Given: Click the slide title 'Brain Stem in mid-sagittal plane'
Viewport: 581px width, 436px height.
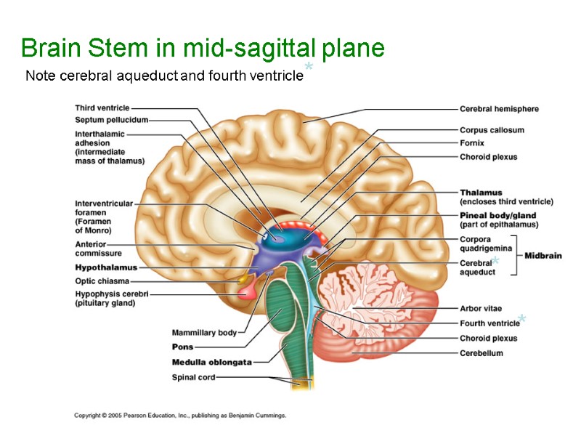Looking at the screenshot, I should pyautogui.click(x=203, y=49).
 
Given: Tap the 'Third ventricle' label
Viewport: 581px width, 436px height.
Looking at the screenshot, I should pyautogui.click(x=102, y=108).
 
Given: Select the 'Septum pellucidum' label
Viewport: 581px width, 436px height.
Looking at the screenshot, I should pyautogui.click(x=111, y=120).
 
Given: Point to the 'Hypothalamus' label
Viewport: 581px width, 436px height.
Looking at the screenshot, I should pyautogui.click(x=106, y=267).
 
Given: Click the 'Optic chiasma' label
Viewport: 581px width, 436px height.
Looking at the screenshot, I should pyautogui.click(x=102, y=280).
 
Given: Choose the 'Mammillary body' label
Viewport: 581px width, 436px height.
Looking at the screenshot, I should pyautogui.click(x=204, y=333).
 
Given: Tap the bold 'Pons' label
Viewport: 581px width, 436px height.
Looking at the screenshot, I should pyautogui.click(x=182, y=347).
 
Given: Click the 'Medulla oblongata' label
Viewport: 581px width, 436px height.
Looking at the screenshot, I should pyautogui.click(x=211, y=362).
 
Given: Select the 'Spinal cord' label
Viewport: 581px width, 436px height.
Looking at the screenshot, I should pyautogui.click(x=193, y=377).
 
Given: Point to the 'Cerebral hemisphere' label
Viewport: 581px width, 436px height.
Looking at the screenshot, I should pyautogui.click(x=499, y=109).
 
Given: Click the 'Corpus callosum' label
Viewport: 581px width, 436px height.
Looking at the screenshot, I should pyautogui.click(x=492, y=130).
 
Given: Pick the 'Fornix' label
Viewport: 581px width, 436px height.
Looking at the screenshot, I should pyautogui.click(x=472, y=143).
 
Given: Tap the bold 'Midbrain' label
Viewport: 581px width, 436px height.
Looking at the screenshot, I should pyautogui.click(x=543, y=256).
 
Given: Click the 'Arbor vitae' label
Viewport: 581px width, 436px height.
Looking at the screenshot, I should pyautogui.click(x=481, y=309).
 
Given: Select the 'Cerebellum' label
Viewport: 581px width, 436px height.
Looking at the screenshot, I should pyautogui.click(x=481, y=353).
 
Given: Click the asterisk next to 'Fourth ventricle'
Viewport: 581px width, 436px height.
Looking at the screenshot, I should pyautogui.click(x=523, y=320).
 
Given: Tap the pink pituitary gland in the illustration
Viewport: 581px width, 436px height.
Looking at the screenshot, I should pyautogui.click(x=247, y=291).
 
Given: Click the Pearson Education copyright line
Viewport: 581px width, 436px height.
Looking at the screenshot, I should pyautogui.click(x=180, y=416).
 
